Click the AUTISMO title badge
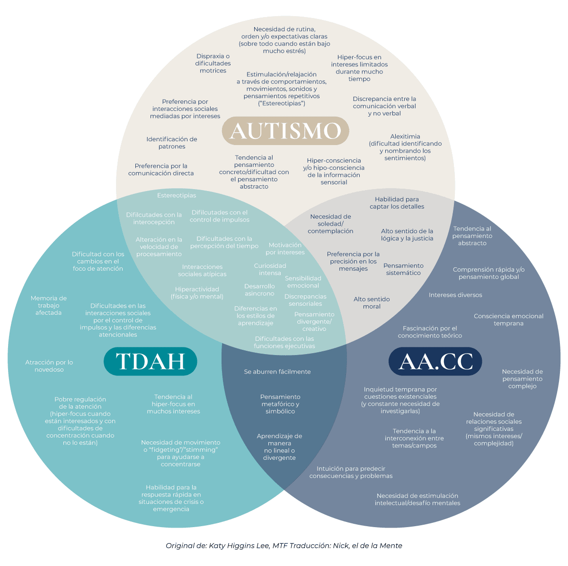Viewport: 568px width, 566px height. click(285, 130)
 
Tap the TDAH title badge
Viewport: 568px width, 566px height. click(151, 361)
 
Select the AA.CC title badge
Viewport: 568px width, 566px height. click(435, 361)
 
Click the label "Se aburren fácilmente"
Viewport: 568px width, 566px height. click(277, 372)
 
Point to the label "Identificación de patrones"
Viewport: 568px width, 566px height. click(172, 143)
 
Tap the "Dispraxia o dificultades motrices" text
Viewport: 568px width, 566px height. click(213, 63)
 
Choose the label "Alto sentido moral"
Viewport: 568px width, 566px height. click(372, 302)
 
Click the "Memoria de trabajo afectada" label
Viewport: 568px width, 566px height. click(49, 305)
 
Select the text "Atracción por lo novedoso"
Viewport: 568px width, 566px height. click(49, 366)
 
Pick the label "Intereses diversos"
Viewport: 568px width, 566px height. click(455, 295)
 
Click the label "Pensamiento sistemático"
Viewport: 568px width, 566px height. click(403, 269)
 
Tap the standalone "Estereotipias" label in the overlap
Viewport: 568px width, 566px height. click(177, 195)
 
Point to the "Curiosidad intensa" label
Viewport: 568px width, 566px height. click(270, 269)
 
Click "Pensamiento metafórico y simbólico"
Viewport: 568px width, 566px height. click(280, 404)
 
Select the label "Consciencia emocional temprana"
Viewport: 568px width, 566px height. click(508, 320)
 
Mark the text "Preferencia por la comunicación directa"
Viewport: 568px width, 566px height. click(161, 170)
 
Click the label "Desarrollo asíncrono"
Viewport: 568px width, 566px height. click(259, 290)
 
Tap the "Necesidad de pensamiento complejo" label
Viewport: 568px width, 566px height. click(522, 378)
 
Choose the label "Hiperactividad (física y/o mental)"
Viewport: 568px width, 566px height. click(197, 292)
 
